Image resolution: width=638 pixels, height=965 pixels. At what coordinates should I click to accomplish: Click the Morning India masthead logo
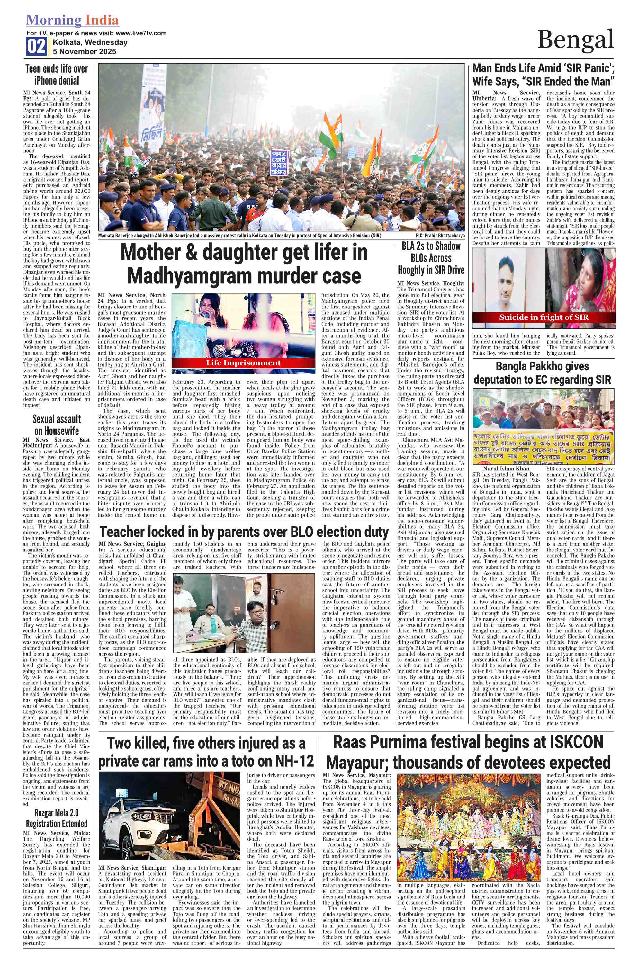[72, 20]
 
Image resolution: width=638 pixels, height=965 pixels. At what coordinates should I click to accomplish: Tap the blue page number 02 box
[36, 46]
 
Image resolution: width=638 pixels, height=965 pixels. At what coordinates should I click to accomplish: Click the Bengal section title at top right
[575, 40]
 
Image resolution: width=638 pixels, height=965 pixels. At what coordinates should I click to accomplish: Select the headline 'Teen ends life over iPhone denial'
[57, 75]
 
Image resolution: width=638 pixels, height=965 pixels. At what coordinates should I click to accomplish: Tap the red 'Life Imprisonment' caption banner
[243, 363]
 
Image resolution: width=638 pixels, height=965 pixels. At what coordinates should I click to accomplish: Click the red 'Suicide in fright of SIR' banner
[544, 317]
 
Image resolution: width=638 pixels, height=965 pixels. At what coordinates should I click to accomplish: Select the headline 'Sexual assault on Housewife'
[57, 425]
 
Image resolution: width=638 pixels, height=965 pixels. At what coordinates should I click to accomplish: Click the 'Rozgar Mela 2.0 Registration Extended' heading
[57, 818]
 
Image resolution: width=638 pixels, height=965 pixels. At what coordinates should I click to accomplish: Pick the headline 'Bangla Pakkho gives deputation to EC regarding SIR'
[543, 373]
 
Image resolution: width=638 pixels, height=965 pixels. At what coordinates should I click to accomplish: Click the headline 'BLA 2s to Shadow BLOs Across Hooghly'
[431, 258]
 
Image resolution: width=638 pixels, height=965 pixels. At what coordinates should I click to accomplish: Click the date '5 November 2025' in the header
[85, 52]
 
